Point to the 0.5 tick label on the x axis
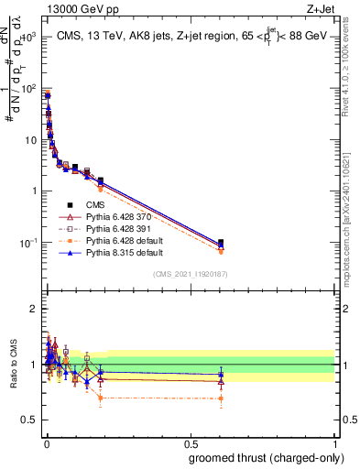click(x=190, y=444)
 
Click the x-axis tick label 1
click(x=335, y=444)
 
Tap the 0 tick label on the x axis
click(x=45, y=444)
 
